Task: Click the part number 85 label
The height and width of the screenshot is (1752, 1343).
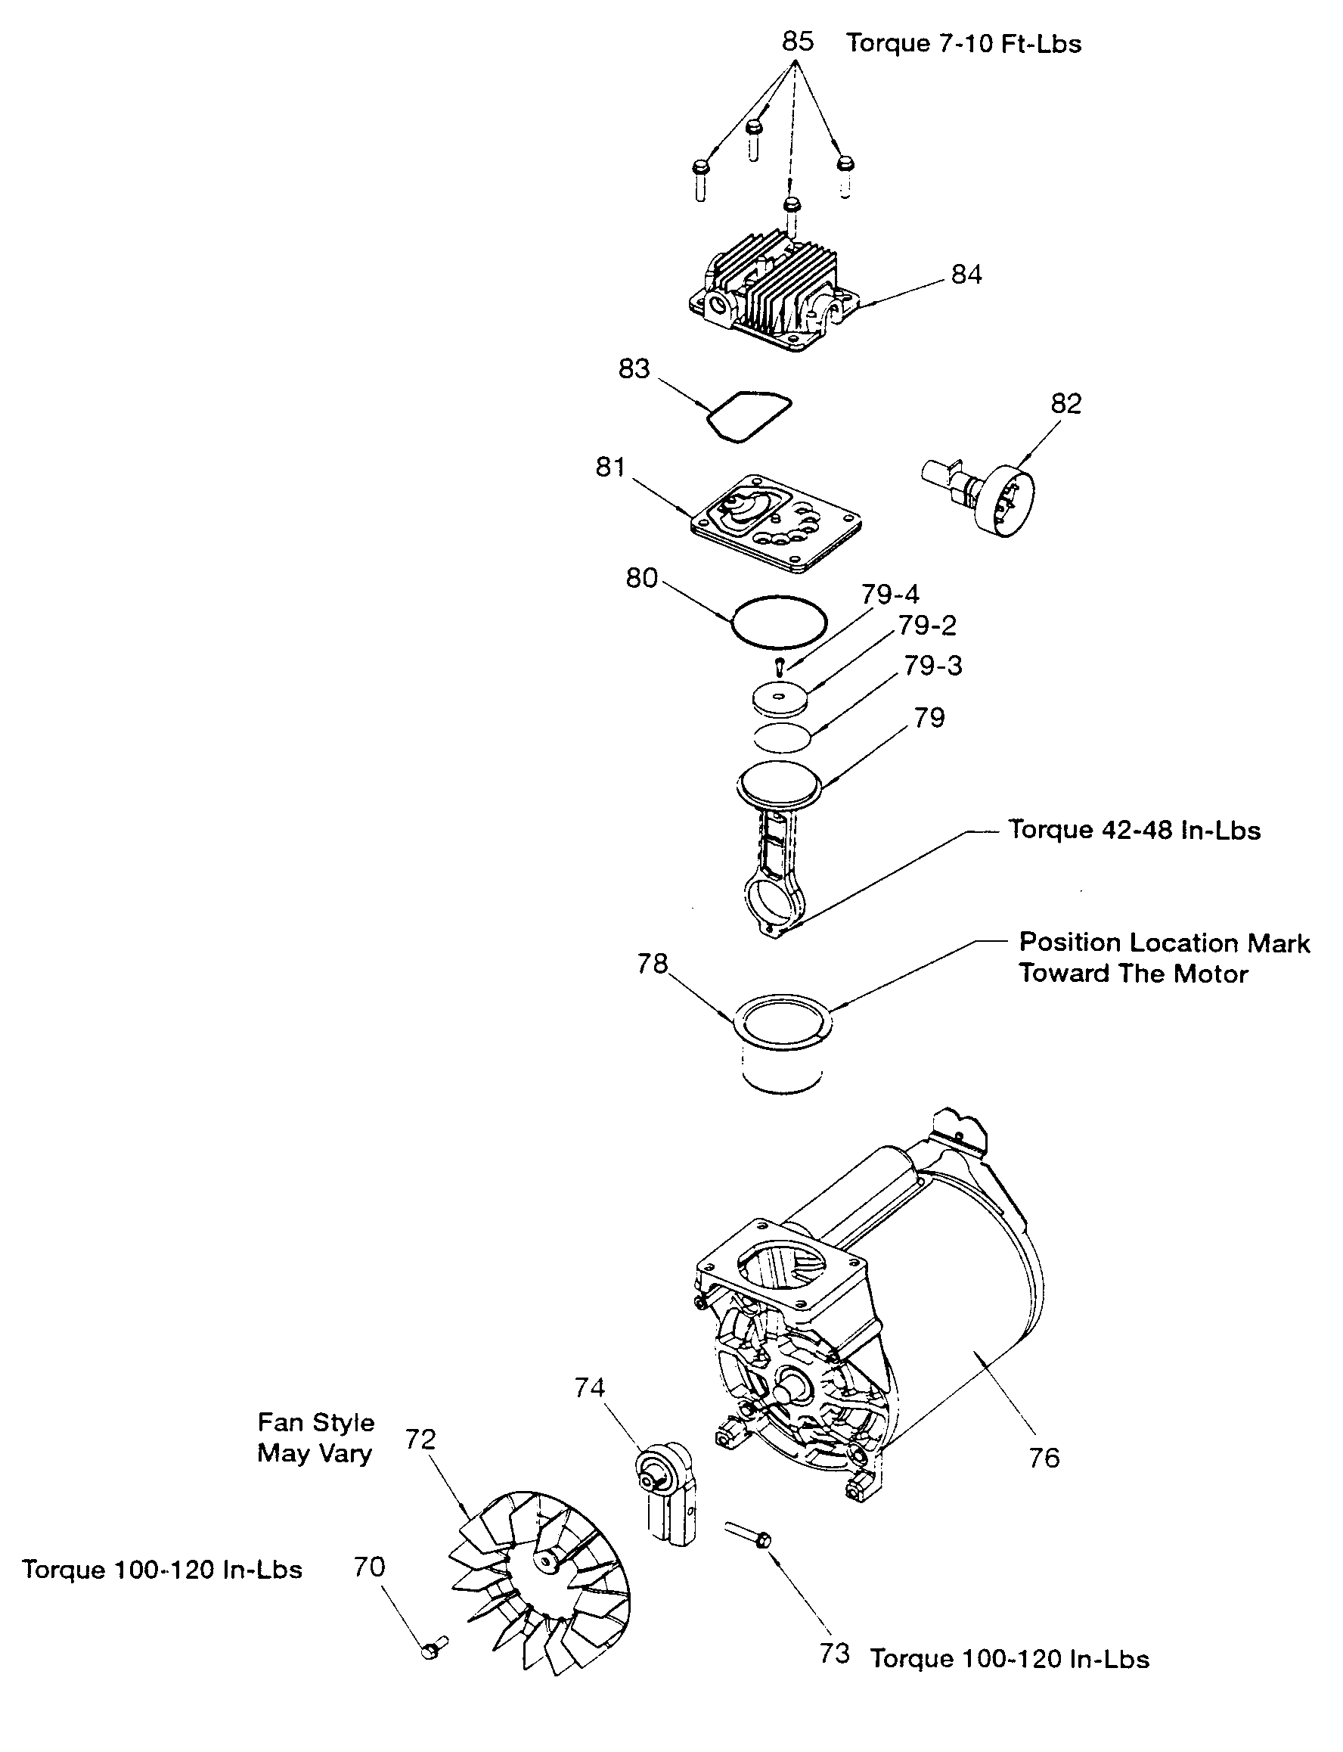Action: point(797,42)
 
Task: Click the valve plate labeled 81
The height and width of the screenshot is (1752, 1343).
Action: point(776,523)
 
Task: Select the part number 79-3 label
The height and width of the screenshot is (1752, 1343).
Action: point(933,665)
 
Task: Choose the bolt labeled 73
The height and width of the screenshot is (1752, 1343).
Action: point(748,1533)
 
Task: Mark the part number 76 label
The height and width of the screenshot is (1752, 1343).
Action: point(1044,1458)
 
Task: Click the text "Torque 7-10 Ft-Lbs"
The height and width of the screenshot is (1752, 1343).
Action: point(963,43)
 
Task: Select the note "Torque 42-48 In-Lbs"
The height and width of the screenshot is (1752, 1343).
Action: point(1134,830)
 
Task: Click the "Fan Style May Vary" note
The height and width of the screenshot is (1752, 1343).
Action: point(316,1437)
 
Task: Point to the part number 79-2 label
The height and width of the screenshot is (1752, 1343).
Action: point(927,626)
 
